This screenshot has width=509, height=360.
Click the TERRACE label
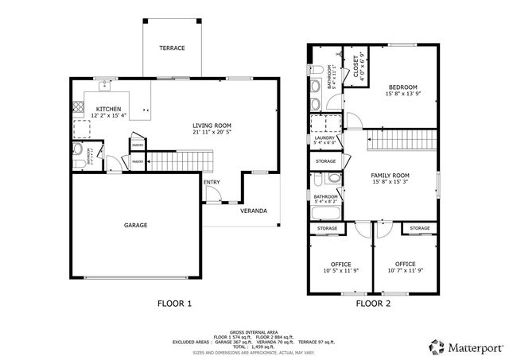coord(171,48)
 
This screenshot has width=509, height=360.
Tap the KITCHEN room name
coord(108,109)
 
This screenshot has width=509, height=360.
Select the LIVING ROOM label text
coord(212,126)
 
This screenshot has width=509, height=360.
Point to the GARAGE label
coord(135,225)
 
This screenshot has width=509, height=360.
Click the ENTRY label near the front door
coord(212,182)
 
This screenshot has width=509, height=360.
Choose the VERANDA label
coord(254,211)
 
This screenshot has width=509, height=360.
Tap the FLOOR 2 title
coord(374,303)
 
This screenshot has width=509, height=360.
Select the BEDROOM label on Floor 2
coord(403,87)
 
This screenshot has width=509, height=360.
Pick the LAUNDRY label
coord(324,138)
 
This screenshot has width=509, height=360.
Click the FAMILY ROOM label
coord(390,174)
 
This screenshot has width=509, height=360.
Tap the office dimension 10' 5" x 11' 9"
coord(340,271)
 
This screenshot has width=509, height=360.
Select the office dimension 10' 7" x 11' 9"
coord(406,271)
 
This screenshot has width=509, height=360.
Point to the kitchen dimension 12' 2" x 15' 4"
coord(108,116)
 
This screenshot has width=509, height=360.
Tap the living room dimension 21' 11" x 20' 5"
coord(212,133)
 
